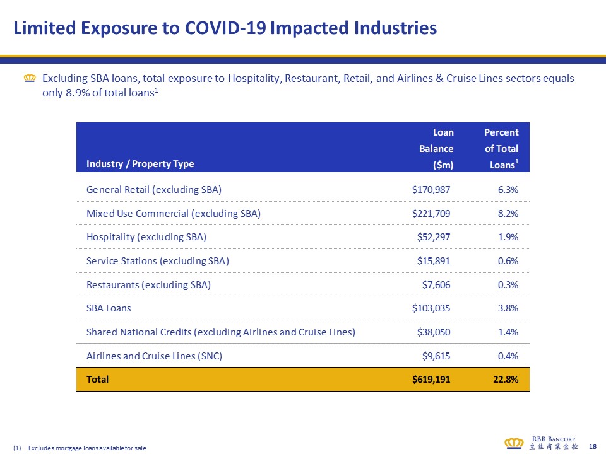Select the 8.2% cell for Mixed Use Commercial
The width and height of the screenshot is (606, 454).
point(507,213)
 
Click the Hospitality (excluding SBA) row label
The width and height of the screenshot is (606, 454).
point(146,237)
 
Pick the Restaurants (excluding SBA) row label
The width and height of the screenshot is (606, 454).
point(148,285)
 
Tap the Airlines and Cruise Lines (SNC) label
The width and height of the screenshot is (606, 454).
point(154,356)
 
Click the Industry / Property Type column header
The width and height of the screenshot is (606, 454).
point(140,164)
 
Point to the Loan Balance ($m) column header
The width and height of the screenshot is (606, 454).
point(437,149)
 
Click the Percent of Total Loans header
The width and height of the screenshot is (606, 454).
point(501,149)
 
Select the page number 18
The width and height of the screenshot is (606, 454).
point(592,446)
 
